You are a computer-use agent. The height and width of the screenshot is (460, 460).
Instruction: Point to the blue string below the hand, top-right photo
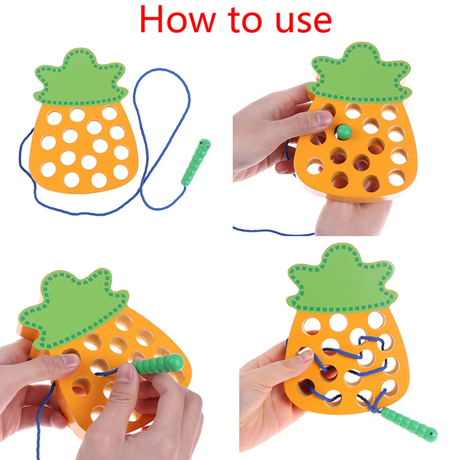[x=270, y=232]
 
